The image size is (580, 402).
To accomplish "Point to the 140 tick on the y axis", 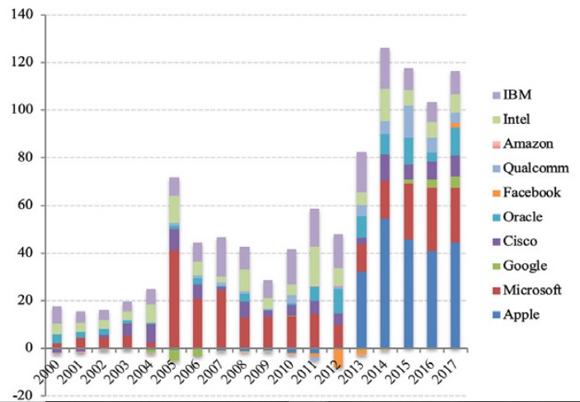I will point(22,15).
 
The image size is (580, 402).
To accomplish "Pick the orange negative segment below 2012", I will point(337,361).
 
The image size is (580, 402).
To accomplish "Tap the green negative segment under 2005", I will point(174,356).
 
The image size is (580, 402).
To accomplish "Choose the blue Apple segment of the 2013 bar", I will point(361,310).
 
